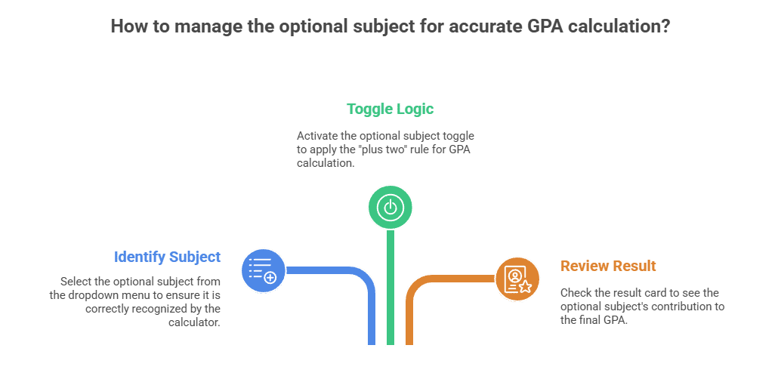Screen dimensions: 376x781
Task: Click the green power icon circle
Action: (390, 207)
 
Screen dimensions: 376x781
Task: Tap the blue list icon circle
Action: (263, 270)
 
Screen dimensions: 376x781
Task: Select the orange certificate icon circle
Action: (517, 279)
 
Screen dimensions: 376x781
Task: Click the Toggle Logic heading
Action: (390, 109)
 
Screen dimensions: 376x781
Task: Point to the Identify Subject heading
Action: (167, 257)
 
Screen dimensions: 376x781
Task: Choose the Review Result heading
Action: (608, 266)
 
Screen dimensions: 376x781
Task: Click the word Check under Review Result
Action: (575, 292)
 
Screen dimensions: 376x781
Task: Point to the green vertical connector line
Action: (390, 287)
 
